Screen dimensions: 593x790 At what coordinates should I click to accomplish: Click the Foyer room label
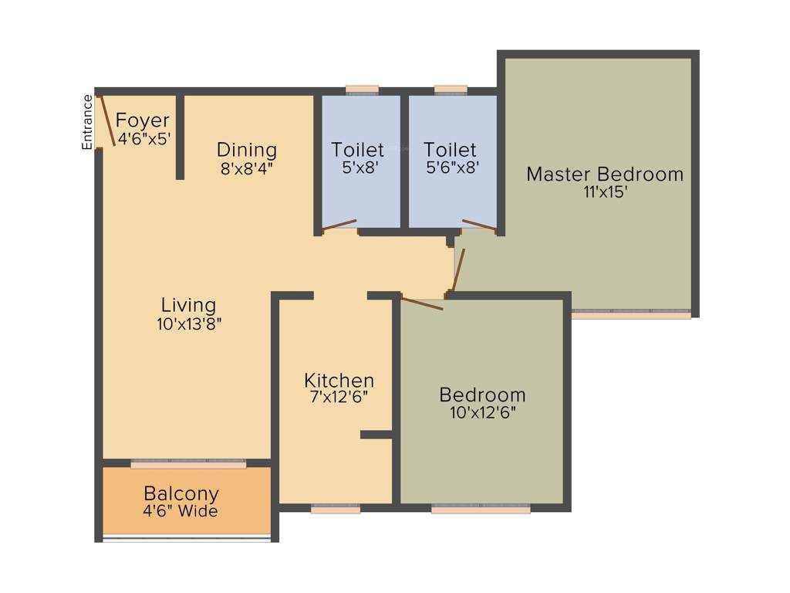pos(143,120)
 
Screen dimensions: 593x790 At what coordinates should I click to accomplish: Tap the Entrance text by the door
pos(87,121)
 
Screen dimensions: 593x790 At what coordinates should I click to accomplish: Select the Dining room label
pos(246,150)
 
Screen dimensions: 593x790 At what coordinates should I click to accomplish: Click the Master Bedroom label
pos(605,175)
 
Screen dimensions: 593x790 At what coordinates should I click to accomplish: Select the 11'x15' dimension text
pos(605,192)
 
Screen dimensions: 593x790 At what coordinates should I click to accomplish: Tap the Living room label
pos(188,305)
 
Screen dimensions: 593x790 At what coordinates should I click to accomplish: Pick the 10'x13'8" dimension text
pos(189,324)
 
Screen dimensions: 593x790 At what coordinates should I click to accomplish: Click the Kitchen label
pos(339,381)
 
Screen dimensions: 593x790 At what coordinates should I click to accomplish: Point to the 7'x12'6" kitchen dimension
pos(339,398)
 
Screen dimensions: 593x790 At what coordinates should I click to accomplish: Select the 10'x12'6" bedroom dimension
pos(482,412)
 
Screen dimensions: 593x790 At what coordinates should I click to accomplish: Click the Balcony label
pos(181,493)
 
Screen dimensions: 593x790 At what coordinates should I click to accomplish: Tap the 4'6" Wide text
pos(181,511)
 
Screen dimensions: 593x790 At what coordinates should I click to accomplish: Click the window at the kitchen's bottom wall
pos(336,510)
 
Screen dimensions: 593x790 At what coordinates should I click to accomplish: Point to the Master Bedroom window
pos(631,314)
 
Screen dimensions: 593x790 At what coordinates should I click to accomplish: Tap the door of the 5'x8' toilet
pos(339,225)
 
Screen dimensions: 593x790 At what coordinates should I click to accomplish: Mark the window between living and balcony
pos(188,464)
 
